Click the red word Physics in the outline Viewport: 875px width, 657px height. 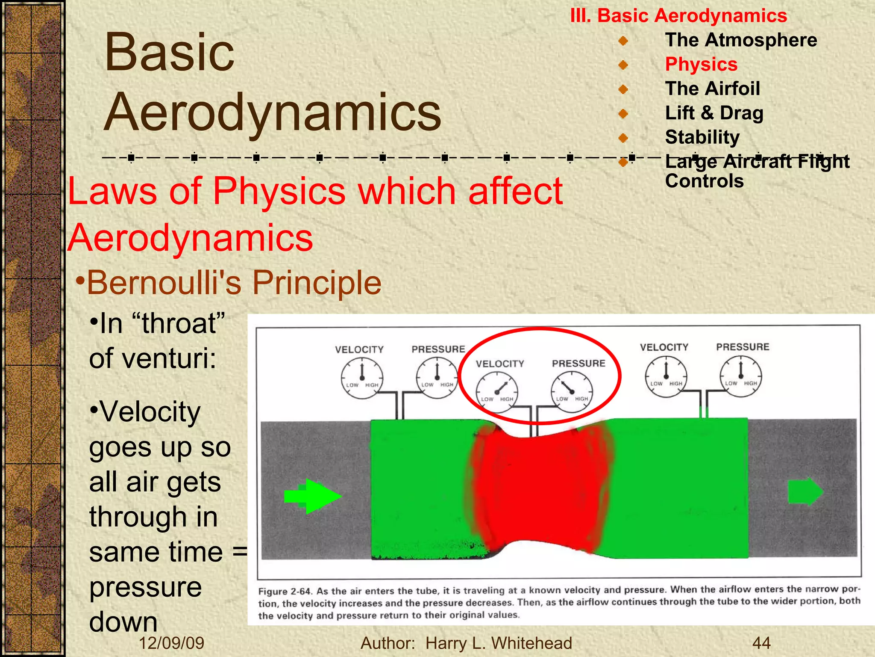[x=701, y=65]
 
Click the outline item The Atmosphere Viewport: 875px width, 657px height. [x=741, y=40]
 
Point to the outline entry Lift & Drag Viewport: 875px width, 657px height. [x=714, y=113]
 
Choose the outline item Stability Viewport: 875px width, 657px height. [x=702, y=137]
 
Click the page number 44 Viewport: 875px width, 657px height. [x=761, y=643]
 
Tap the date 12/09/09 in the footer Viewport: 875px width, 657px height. [x=171, y=643]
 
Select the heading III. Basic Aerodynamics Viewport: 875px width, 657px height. [x=678, y=16]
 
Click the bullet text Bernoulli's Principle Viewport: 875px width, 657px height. [x=234, y=283]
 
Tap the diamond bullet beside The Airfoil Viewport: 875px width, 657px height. [x=623, y=89]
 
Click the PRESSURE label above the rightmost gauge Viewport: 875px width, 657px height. [x=743, y=347]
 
